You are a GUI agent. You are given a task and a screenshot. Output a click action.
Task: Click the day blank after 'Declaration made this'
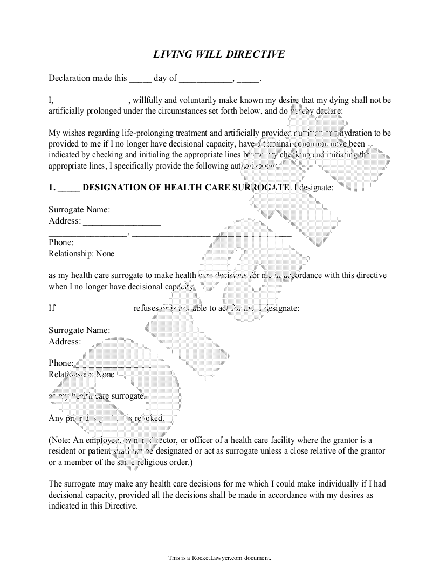coord(140,79)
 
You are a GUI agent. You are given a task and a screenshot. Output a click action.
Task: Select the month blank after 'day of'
coord(205,79)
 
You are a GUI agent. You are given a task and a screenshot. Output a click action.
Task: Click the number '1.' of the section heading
coord(52,188)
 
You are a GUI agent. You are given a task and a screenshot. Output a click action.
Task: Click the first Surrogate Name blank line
coord(150,210)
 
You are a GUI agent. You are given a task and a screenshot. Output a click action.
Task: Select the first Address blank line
coord(122,221)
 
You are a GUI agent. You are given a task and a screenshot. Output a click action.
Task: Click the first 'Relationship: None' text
coord(81,253)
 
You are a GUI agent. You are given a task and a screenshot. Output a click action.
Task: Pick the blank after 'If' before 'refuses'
coord(94,309)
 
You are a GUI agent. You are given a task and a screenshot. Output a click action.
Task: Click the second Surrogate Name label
coord(79,330)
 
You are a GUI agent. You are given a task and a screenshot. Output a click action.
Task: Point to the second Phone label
coord(60,363)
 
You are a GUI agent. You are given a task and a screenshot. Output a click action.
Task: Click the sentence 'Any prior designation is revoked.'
coord(106,418)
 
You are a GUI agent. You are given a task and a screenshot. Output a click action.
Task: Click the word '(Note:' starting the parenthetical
coord(60,440)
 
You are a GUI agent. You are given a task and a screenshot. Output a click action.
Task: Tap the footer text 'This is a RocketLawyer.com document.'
coord(219,558)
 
